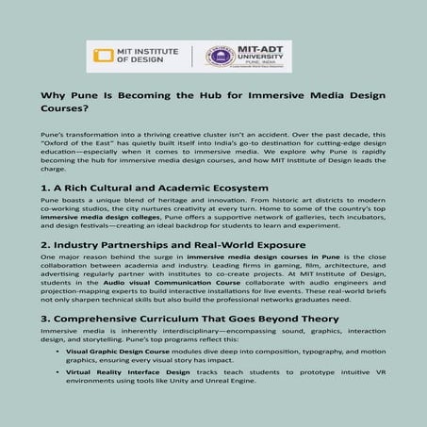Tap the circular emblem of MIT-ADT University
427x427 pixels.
click(220, 56)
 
